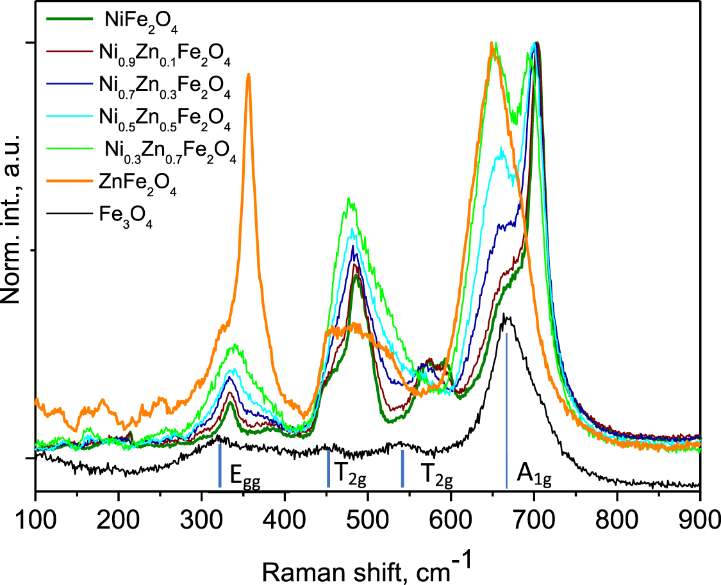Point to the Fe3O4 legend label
point(126,217)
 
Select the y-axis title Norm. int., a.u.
point(11,218)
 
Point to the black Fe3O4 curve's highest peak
point(504,314)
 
